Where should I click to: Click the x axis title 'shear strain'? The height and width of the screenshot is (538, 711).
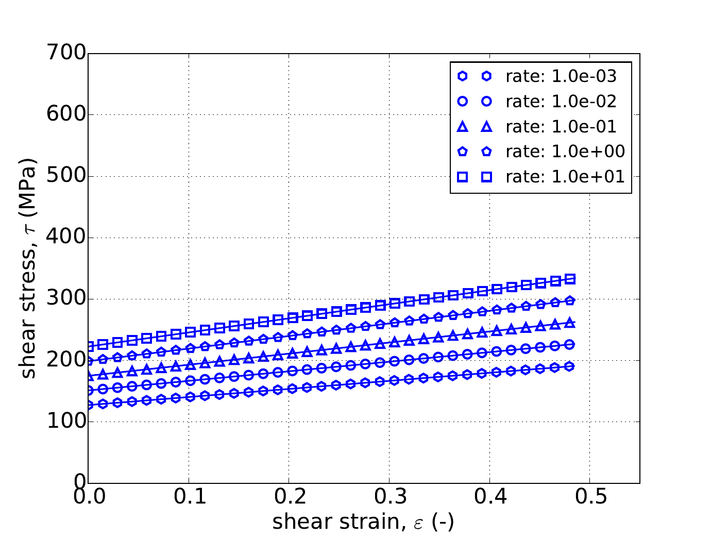(363, 522)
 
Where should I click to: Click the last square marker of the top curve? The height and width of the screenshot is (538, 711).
(570, 279)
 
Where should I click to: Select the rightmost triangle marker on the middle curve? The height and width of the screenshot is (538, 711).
(570, 323)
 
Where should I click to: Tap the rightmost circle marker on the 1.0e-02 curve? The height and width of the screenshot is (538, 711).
(570, 345)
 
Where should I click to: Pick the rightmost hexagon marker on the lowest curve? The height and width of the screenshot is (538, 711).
(570, 366)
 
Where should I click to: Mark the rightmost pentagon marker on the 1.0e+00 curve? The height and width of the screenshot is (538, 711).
(570, 300)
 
